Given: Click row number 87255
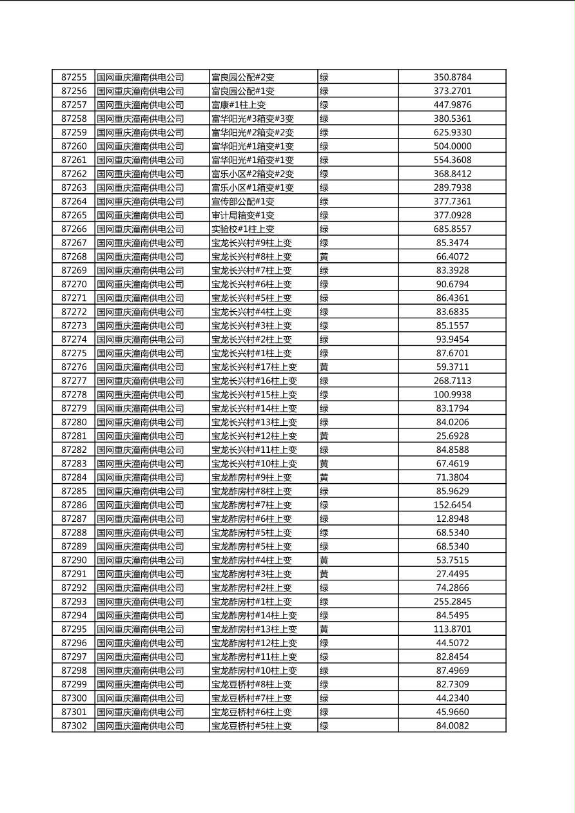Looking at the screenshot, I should (x=73, y=77).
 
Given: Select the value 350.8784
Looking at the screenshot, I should (x=452, y=77).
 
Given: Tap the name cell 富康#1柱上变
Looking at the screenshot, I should (x=239, y=105).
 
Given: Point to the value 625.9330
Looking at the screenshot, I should (x=452, y=133).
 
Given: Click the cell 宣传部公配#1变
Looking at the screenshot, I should (x=242, y=202).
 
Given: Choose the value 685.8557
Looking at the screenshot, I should (x=452, y=229).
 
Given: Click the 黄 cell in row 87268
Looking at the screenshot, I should (x=324, y=257).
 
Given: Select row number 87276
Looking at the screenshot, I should (x=73, y=367).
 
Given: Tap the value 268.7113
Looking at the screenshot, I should (x=452, y=381).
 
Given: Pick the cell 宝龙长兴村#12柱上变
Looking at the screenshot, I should (x=254, y=436).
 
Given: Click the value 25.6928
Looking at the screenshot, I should (x=452, y=436).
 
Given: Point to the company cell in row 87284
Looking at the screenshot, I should (x=141, y=477).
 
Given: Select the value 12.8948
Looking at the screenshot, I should (x=452, y=519).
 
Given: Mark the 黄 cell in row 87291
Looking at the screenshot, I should (x=324, y=574).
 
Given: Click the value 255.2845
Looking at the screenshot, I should (x=452, y=602).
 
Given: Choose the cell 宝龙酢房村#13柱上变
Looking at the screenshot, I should (x=254, y=629).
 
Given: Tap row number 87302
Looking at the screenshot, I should (x=73, y=726).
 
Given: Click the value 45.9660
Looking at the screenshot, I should (x=452, y=712).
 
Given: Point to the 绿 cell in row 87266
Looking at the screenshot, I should (x=324, y=229).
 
